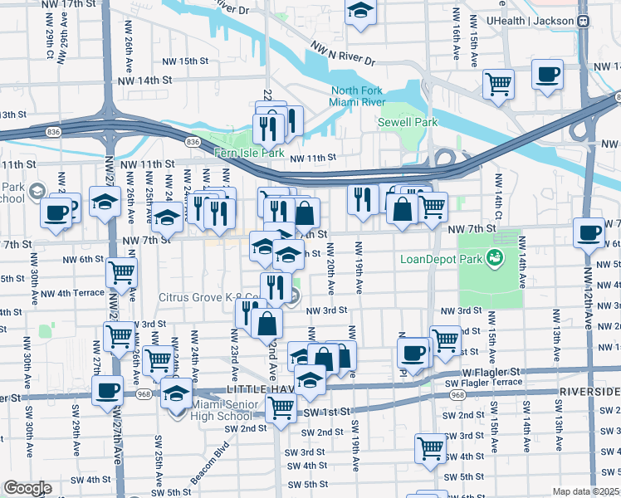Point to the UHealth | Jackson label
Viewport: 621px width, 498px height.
coord(531,21)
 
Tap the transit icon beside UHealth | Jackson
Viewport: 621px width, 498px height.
coord(584,21)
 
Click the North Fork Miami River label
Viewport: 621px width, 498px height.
coord(359,96)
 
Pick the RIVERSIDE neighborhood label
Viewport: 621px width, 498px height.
coord(590,390)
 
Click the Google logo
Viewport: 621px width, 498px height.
coord(27,488)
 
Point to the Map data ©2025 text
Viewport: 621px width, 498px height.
coord(585,491)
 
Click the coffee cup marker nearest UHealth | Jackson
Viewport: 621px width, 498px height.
coord(547,76)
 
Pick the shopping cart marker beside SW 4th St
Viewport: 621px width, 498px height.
coord(430,447)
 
